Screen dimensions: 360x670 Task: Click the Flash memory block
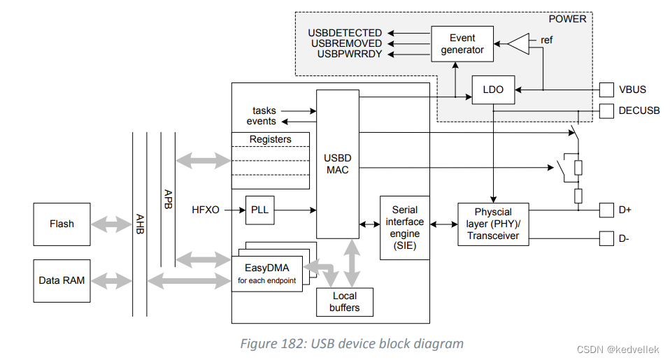[62, 224]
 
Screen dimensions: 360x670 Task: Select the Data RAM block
[62, 280]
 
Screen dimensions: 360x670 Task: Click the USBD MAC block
[337, 164]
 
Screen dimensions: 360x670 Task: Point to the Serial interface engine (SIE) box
[404, 228]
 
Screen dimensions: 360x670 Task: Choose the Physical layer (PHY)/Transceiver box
[493, 224]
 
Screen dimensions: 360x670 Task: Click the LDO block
[493, 89]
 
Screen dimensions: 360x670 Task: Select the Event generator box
[462, 44]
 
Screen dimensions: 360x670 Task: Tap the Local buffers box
[344, 301]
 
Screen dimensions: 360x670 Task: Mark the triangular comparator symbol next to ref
[518, 44]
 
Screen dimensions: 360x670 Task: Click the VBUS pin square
[606, 89]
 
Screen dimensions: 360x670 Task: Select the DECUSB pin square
[606, 110]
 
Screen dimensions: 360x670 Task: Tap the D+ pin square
[606, 209]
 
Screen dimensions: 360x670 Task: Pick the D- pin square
[606, 239]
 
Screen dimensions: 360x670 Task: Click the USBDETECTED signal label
[345, 33]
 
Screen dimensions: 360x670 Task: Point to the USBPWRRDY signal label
[349, 54]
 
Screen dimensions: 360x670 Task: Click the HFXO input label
[206, 209]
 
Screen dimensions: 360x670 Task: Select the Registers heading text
[270, 139]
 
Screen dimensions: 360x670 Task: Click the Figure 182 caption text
[352, 344]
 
